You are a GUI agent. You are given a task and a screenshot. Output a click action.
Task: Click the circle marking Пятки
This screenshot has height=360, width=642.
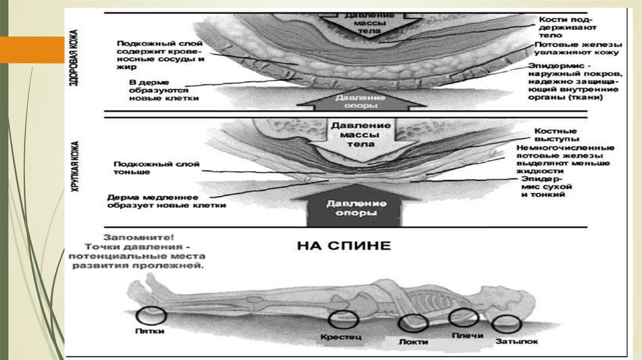[x=152, y=315]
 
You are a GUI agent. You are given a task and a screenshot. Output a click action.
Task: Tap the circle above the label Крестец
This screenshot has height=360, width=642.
[x=344, y=320]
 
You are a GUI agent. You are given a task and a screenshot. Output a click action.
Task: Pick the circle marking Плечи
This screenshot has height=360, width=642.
[x=464, y=319]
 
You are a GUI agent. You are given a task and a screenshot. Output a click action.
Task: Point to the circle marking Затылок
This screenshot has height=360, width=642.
[x=507, y=324]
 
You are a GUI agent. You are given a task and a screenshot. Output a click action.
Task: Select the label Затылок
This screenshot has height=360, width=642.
[x=517, y=342]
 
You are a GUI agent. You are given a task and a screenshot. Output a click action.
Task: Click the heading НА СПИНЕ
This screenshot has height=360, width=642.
[x=343, y=245]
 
